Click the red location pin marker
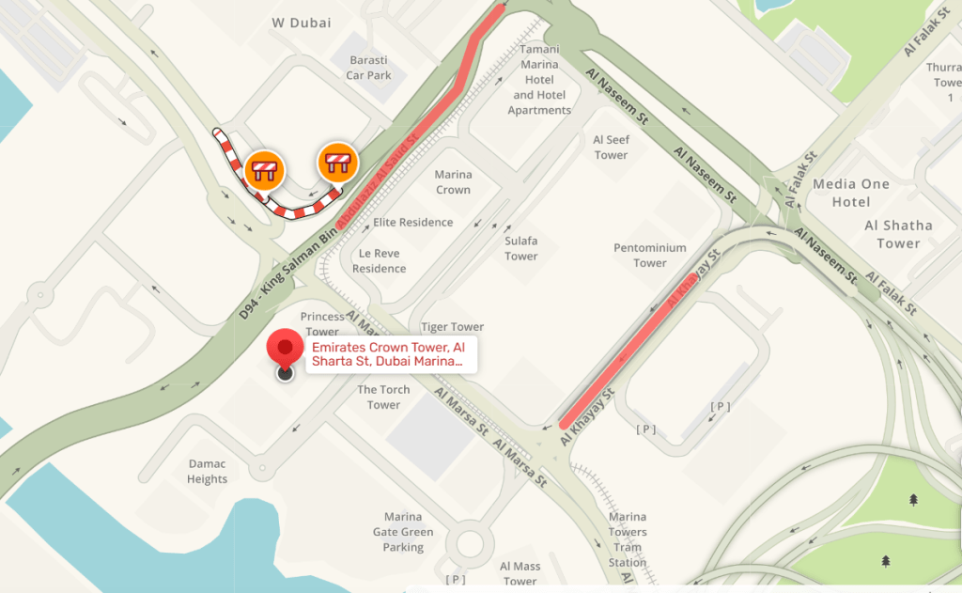pyautogui.click(x=285, y=349)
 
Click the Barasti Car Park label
pyautogui.click(x=367, y=68)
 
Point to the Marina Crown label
pyautogui.click(x=453, y=182)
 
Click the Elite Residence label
pyautogui.click(x=413, y=223)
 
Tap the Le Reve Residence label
pyautogui.click(x=380, y=260)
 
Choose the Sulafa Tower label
pyautogui.click(x=521, y=248)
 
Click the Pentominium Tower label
pyautogui.click(x=650, y=256)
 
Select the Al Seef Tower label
pyautogui.click(x=611, y=148)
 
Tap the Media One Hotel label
pyautogui.click(x=851, y=193)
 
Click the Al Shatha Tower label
pyautogui.click(x=898, y=234)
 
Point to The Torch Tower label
pyautogui.click(x=383, y=397)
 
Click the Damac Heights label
pyautogui.click(x=208, y=472)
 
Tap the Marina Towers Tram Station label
pyautogui.click(x=627, y=539)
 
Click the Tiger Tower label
pyautogui.click(x=452, y=327)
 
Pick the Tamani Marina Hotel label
pyautogui.click(x=539, y=80)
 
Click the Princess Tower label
pyautogui.click(x=321, y=324)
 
